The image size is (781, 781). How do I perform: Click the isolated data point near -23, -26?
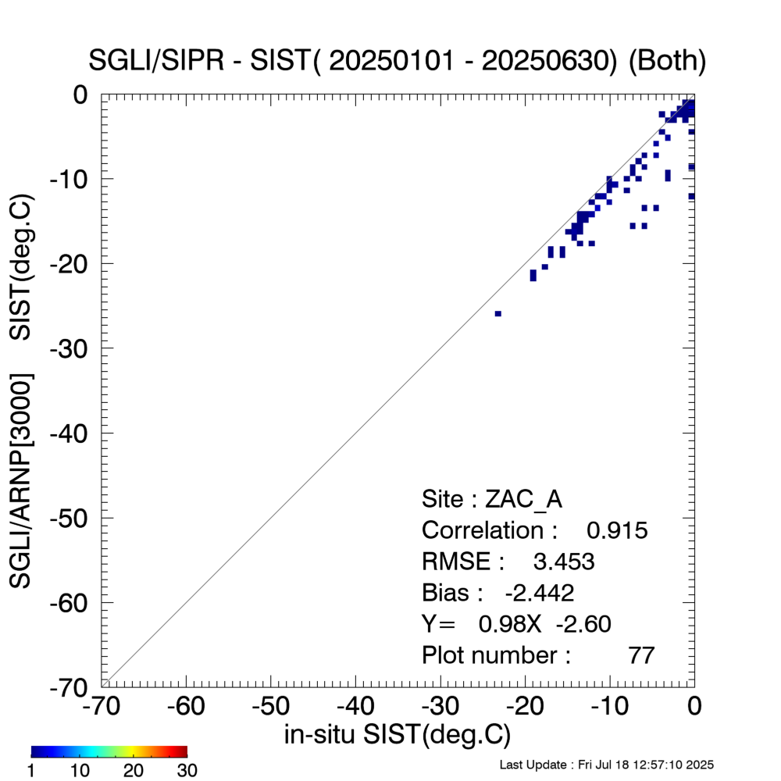coord(498,313)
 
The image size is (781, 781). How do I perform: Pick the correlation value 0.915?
coord(617,531)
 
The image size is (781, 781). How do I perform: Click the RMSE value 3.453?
coord(563,562)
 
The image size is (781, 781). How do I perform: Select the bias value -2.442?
coord(540,593)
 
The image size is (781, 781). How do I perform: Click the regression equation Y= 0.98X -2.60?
coord(515,623)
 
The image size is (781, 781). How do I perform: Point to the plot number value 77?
coord(641,654)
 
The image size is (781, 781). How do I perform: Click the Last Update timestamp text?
coord(606,764)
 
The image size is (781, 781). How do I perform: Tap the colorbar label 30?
coord(186,771)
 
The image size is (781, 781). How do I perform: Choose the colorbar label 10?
coord(80,771)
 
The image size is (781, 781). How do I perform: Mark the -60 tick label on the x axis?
coord(186,707)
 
